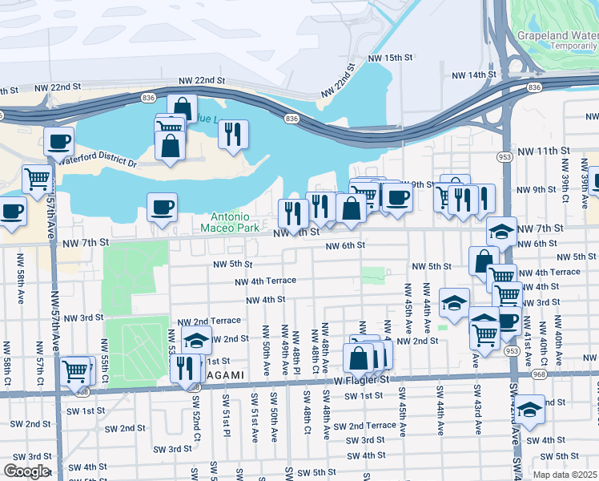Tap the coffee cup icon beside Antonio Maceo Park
coord(162,208)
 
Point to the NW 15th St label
coord(390,59)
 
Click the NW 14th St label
coord(474,75)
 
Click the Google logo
coord(26,471)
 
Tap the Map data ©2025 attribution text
coord(565,474)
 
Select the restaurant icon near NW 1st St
coord(185,366)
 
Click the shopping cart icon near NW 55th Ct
coord(75,370)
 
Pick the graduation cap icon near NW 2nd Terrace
coord(196,340)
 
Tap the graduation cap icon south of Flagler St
coord(529,410)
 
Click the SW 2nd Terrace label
coord(365,426)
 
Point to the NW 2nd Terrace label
coord(208,321)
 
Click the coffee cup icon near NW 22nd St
coord(59,142)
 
